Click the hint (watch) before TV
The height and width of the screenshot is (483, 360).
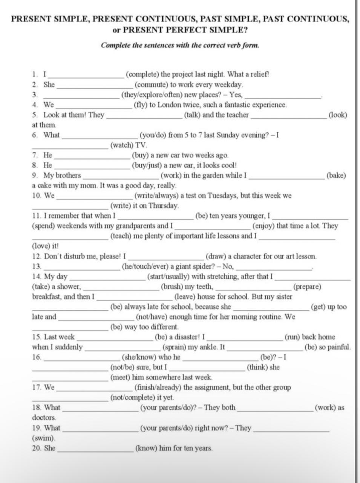[x=122, y=145]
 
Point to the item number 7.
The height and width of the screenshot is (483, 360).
[x=35, y=155]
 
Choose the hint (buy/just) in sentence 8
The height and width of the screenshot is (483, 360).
[x=148, y=165]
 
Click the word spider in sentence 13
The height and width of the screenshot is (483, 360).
[x=204, y=267]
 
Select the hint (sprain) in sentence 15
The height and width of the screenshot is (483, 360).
[x=175, y=347]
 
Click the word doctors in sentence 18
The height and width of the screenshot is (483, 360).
[x=44, y=418]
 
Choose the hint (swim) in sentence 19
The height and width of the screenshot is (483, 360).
[x=43, y=438]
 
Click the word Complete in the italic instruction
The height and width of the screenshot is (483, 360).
[x=115, y=45]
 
